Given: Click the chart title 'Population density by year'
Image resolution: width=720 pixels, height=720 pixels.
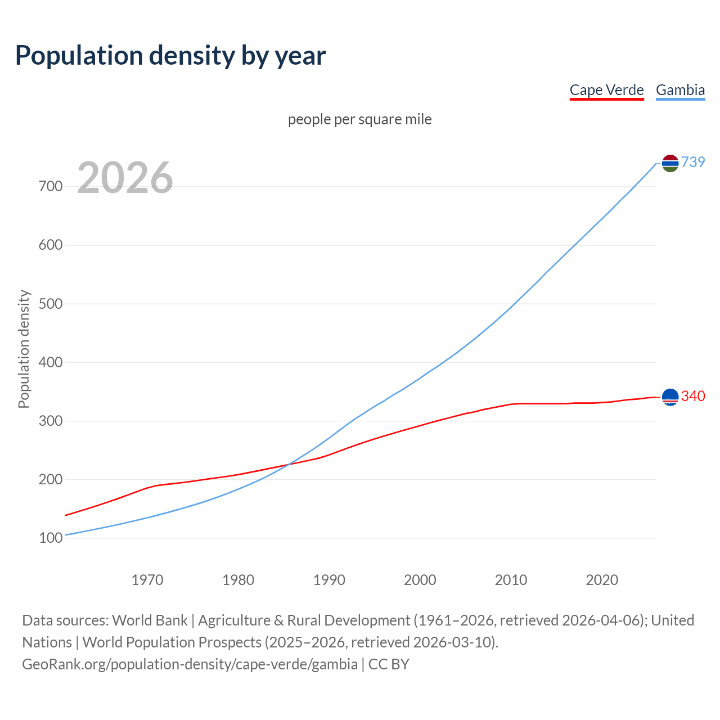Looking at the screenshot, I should pyautogui.click(x=170, y=55).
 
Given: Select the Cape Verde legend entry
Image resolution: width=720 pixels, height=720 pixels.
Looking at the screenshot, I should pyautogui.click(x=606, y=90).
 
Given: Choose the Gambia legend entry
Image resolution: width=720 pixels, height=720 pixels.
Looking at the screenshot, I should pyautogui.click(x=680, y=90).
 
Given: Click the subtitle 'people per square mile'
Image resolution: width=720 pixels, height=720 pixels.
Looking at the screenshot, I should pyautogui.click(x=359, y=119).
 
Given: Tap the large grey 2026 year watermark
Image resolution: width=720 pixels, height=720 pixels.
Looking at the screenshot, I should pyautogui.click(x=125, y=178).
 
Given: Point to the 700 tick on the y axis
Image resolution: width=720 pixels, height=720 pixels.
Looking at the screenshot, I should pyautogui.click(x=51, y=186).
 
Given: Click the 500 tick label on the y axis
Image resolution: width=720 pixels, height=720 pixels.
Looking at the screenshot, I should pyautogui.click(x=51, y=304).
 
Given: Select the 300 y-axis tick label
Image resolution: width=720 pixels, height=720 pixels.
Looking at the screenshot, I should pyautogui.click(x=51, y=421).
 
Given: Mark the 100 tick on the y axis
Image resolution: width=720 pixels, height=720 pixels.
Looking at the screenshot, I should pyautogui.click(x=51, y=538).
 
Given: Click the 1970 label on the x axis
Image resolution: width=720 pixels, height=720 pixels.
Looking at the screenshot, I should pyautogui.click(x=147, y=580).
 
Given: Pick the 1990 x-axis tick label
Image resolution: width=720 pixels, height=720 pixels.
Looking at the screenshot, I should pyautogui.click(x=329, y=580).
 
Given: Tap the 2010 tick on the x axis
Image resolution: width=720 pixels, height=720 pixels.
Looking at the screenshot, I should pyautogui.click(x=511, y=580).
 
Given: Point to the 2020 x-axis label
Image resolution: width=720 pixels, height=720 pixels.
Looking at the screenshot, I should pyautogui.click(x=602, y=580).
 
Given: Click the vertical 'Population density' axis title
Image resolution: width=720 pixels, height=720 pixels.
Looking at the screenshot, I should pyautogui.click(x=24, y=349).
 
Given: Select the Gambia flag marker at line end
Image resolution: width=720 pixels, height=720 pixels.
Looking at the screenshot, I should pyautogui.click(x=670, y=163).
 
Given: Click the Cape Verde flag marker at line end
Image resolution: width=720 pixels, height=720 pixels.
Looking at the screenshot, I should pyautogui.click(x=670, y=397).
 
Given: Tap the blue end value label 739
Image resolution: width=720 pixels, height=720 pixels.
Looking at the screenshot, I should pyautogui.click(x=693, y=162).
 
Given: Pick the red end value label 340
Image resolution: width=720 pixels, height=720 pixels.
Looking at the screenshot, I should pyautogui.click(x=693, y=396).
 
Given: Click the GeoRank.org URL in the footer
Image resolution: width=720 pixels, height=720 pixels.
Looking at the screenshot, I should pyautogui.click(x=190, y=664).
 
